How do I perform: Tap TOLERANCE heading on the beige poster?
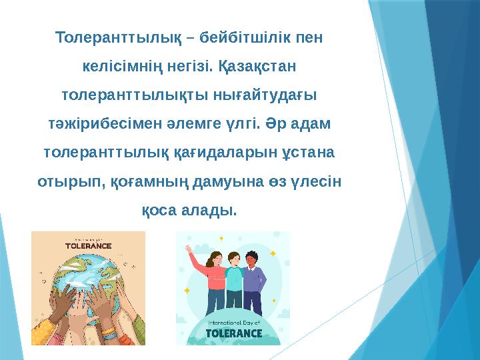tap(88, 245)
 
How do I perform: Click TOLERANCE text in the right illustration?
tap(233, 332)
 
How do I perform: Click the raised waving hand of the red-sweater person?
tap(192, 249)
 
